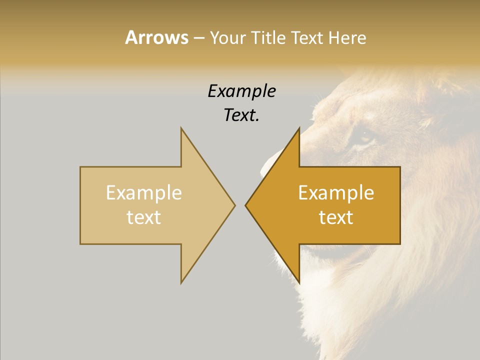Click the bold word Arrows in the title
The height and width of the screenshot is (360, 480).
(156, 37)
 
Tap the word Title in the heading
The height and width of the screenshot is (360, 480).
(269, 38)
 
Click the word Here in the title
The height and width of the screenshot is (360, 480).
(347, 38)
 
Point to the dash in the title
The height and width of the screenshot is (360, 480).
(198, 38)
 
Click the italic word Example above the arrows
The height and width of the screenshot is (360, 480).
(241, 91)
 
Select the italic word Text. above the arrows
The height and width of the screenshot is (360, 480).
(241, 115)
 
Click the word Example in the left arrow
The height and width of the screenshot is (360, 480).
(144, 192)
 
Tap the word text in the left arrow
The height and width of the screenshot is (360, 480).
(144, 217)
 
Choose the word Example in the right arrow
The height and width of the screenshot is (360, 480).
(336, 192)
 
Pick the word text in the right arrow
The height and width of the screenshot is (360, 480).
(336, 217)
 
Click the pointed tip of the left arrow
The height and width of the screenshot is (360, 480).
(234, 205)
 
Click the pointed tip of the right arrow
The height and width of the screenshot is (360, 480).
(246, 205)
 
